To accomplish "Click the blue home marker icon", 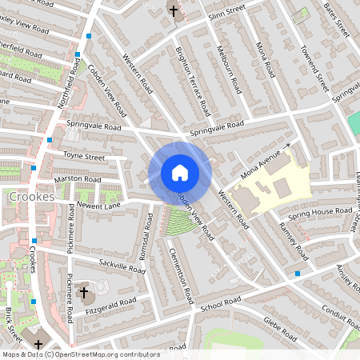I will (x=180, y=173).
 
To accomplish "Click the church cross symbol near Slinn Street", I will (x=174, y=11).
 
